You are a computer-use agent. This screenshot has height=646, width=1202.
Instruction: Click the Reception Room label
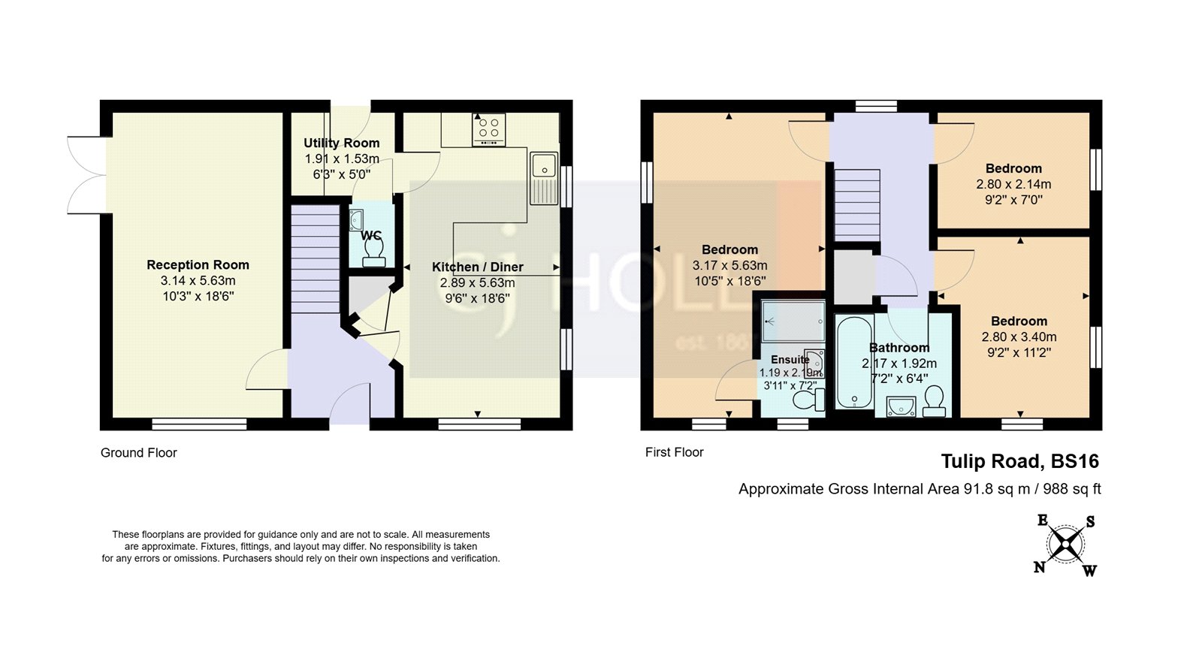198,264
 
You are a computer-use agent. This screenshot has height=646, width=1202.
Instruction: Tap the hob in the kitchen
488,129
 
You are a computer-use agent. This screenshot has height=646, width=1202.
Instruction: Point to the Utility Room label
341,143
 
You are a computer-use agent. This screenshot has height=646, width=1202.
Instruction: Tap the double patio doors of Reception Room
86,174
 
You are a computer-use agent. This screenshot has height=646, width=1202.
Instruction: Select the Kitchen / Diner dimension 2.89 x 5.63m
477,282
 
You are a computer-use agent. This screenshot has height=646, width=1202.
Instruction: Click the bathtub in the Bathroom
853,362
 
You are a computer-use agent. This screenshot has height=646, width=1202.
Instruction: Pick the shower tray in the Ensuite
793,321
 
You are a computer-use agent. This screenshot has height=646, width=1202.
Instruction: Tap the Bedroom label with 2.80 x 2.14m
1013,168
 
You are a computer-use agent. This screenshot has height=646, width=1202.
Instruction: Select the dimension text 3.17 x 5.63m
729,265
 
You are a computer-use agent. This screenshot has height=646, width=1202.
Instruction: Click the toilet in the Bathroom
935,401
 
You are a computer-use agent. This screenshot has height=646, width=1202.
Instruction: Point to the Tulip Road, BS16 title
1019,461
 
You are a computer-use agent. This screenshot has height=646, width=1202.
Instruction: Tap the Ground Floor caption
139,453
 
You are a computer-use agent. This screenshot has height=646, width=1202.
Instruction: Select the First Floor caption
674,452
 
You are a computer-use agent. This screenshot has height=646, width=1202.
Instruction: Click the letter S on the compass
1090,522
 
